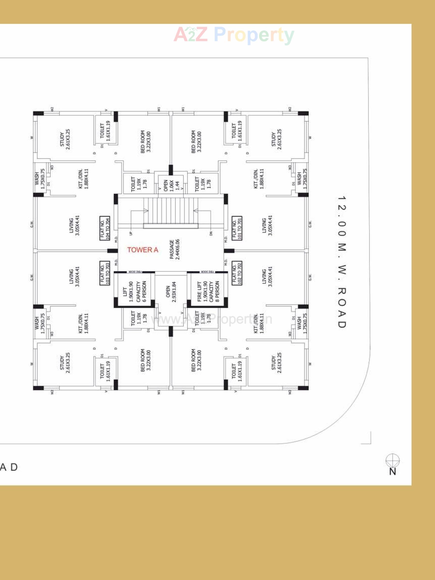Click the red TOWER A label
(142, 250)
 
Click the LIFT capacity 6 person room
(134, 291)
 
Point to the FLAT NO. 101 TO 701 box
(237, 228)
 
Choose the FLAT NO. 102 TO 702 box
(237, 273)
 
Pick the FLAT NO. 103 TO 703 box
(105, 273)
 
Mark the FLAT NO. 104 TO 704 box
(105, 228)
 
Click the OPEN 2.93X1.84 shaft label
(171, 292)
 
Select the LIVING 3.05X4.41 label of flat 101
(267, 225)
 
